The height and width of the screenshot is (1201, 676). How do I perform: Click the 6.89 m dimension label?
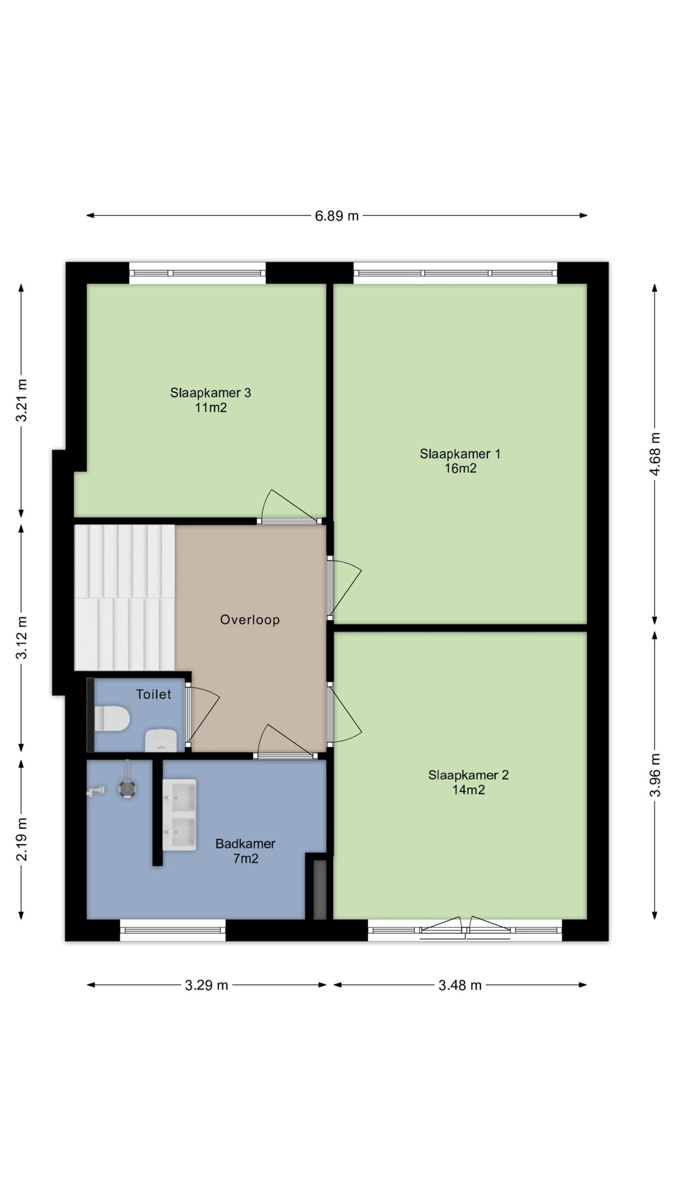[x=337, y=216]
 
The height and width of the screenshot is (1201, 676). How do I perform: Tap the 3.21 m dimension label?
[x=22, y=400]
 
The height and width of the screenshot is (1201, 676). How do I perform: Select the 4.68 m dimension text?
[x=655, y=454]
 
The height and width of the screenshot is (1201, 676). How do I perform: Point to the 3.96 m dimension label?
[x=655, y=775]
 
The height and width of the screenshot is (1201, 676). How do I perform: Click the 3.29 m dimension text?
[x=207, y=985]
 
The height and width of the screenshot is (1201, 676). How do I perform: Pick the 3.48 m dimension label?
[x=460, y=985]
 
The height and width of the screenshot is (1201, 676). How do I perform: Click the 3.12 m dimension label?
[x=22, y=637]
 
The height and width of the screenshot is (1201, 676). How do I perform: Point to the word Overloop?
[x=250, y=620]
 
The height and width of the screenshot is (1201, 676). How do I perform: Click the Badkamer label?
[x=246, y=844]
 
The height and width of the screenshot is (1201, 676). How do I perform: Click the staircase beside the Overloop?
[x=124, y=598]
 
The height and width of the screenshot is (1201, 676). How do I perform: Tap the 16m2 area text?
[x=461, y=468]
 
